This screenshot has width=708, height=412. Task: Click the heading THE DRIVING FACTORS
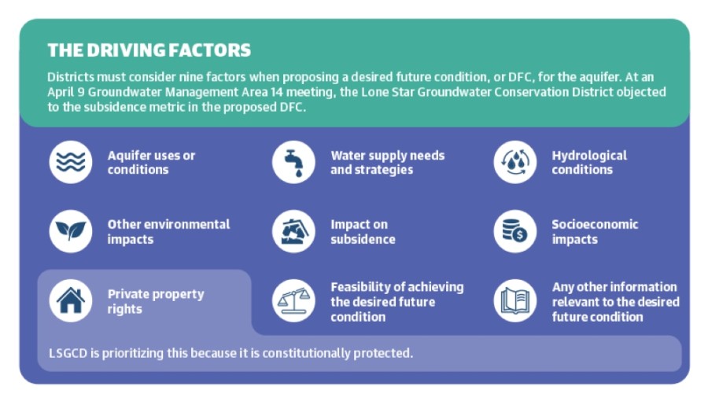pyautogui.click(x=149, y=50)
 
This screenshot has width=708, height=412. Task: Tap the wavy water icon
pyautogui.click(x=71, y=162)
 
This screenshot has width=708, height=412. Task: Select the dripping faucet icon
pyautogui.click(x=293, y=162)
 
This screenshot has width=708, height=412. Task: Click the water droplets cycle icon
pyautogui.click(x=514, y=162)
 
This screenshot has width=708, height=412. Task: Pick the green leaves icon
pyautogui.click(x=71, y=231)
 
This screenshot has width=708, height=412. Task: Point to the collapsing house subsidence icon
pyautogui.click(x=293, y=231)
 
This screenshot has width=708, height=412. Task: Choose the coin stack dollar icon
pyautogui.click(x=514, y=231)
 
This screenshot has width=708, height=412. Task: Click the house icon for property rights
pyautogui.click(x=71, y=300)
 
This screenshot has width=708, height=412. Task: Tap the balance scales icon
pyautogui.click(x=293, y=300)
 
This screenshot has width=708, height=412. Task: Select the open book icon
pyautogui.click(x=514, y=300)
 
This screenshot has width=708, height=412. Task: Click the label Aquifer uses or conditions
pyautogui.click(x=151, y=163)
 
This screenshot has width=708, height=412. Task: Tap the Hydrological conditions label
pyautogui.click(x=589, y=163)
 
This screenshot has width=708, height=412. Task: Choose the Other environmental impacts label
pyautogui.click(x=168, y=231)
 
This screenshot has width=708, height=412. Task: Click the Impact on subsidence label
pyautogui.click(x=363, y=231)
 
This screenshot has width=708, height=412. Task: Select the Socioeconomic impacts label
pyautogui.click(x=595, y=231)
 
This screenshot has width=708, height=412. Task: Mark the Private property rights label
pyautogui.click(x=156, y=301)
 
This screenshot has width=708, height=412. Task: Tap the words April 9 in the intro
pyautogui.click(x=66, y=92)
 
